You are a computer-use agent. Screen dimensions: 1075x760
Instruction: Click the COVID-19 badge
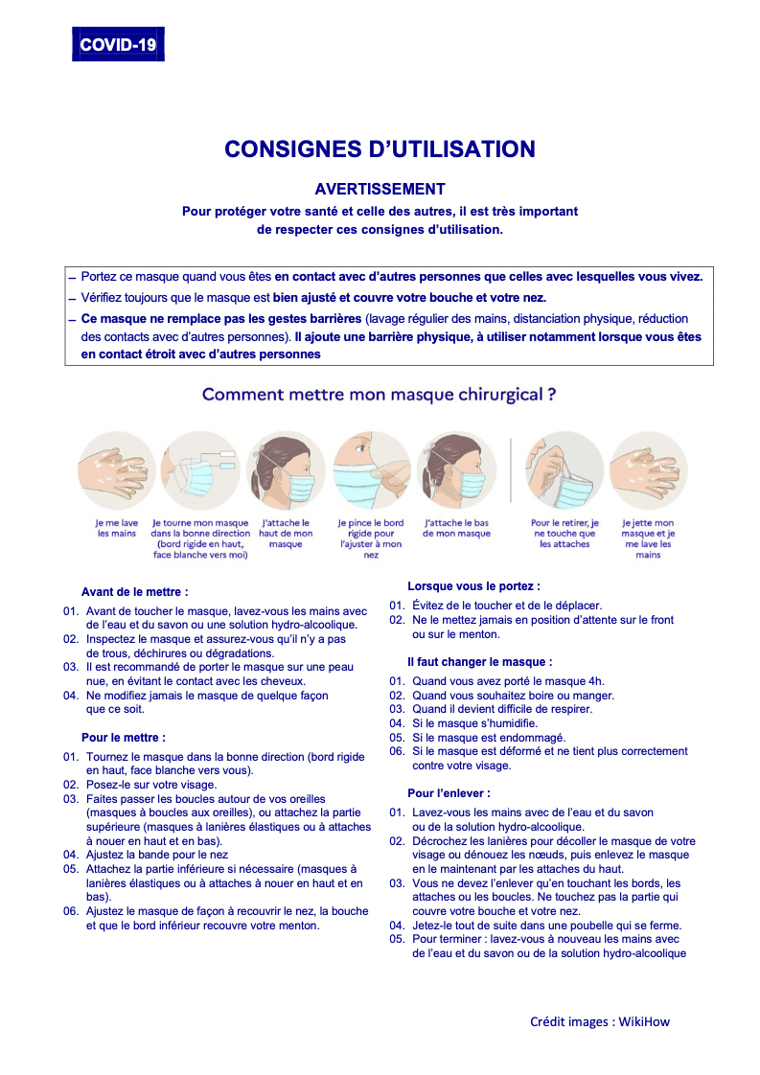118,45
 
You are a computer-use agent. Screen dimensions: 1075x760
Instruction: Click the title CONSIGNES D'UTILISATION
380,149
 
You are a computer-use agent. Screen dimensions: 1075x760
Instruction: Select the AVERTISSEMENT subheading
380,190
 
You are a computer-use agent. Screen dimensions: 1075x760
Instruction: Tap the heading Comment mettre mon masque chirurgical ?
380,395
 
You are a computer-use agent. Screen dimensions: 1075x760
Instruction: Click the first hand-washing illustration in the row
116,469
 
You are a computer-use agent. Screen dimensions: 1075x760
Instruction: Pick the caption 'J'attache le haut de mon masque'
286,534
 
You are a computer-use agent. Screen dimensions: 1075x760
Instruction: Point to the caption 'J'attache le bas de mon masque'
456,528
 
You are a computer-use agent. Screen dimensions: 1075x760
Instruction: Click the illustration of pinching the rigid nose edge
371,469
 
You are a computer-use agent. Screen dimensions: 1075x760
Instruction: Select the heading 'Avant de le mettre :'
135,592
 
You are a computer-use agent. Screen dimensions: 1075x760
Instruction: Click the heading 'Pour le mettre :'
124,738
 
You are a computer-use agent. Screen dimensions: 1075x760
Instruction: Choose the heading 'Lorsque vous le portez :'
473,585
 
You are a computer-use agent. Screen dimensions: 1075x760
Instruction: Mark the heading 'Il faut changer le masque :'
479,662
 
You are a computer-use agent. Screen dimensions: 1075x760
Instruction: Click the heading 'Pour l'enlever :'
449,793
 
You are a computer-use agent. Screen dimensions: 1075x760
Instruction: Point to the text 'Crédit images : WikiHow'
600,1021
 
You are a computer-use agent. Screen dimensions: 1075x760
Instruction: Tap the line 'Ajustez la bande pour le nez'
156,854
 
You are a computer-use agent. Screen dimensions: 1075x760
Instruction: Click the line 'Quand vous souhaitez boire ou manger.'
513,696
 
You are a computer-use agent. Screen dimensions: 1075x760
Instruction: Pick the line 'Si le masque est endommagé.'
489,738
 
